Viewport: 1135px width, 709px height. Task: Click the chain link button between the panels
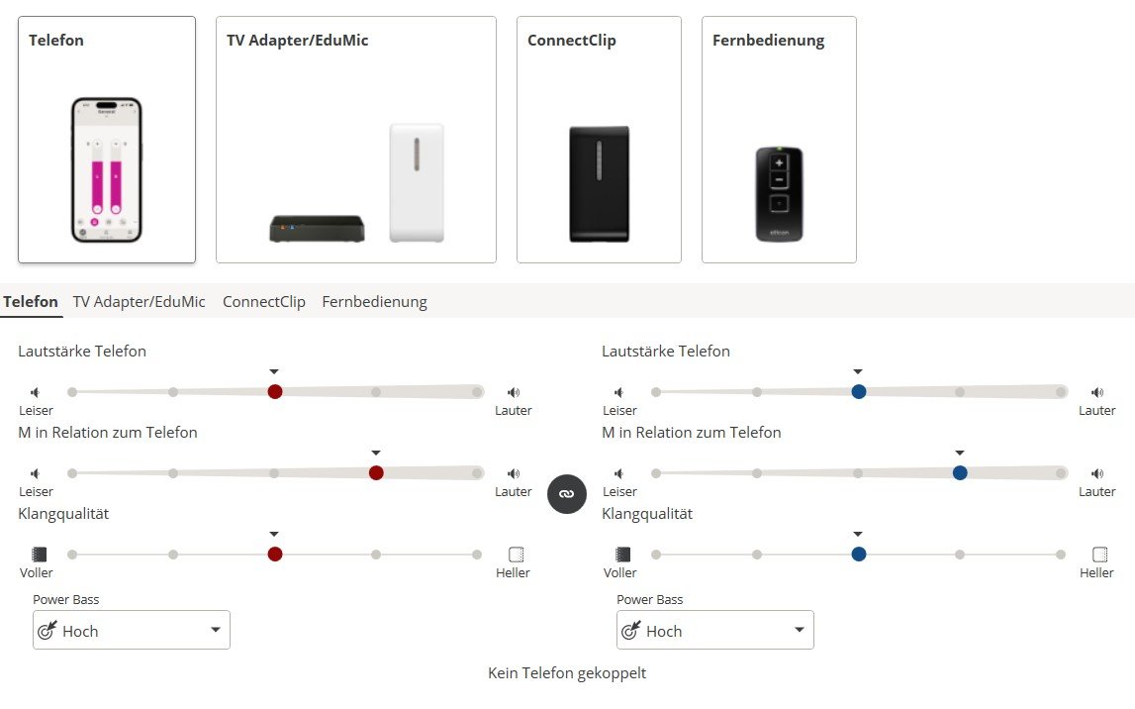567,493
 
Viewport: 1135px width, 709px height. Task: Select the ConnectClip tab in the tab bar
263,302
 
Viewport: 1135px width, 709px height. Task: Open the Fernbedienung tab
374,302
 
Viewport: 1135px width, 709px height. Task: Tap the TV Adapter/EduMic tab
140,302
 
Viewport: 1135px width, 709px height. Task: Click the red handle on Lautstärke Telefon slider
275,391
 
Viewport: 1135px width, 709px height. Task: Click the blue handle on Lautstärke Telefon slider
859,391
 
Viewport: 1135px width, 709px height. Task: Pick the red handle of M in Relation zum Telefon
376,472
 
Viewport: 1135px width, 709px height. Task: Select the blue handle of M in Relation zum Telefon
960,472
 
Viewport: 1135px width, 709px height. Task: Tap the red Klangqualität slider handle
275,554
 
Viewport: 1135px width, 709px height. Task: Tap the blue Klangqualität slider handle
859,554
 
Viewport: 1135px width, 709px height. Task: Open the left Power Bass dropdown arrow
215,631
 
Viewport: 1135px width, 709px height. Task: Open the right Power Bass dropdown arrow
799,631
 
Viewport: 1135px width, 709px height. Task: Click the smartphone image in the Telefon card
107,169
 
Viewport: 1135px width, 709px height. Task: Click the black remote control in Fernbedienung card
779,194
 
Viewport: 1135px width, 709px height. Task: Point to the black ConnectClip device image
599,183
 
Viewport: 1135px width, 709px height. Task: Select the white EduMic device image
417,182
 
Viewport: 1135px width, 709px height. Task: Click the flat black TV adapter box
317,229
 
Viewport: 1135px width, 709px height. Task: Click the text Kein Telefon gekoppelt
567,673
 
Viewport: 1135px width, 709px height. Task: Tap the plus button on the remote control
779,162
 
